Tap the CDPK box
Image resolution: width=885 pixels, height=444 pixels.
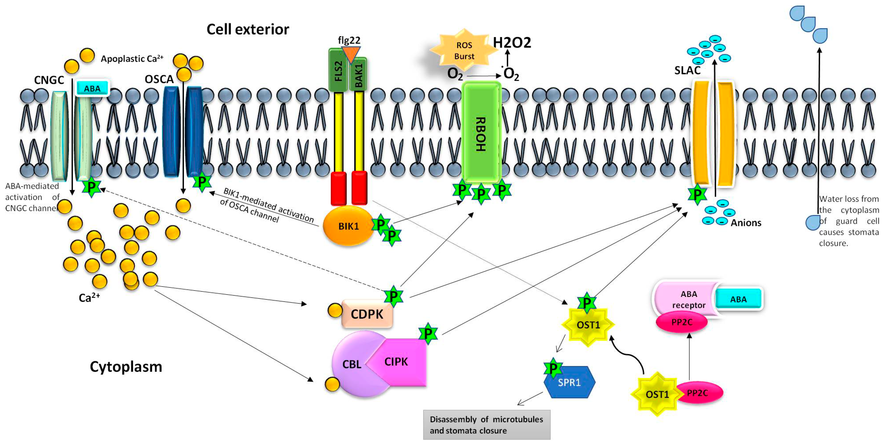point(367,314)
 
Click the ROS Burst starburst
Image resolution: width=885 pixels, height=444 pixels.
point(464,50)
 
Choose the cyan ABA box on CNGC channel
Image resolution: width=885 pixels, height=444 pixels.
point(92,88)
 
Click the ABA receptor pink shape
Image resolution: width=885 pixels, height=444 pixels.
point(685,299)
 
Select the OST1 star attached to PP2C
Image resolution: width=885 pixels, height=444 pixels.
point(657,394)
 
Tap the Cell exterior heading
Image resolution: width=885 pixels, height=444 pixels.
point(248,30)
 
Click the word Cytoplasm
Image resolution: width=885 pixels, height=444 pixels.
point(126,367)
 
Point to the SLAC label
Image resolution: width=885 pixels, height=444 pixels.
point(687,70)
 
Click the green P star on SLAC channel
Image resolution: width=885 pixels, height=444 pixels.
point(697,195)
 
